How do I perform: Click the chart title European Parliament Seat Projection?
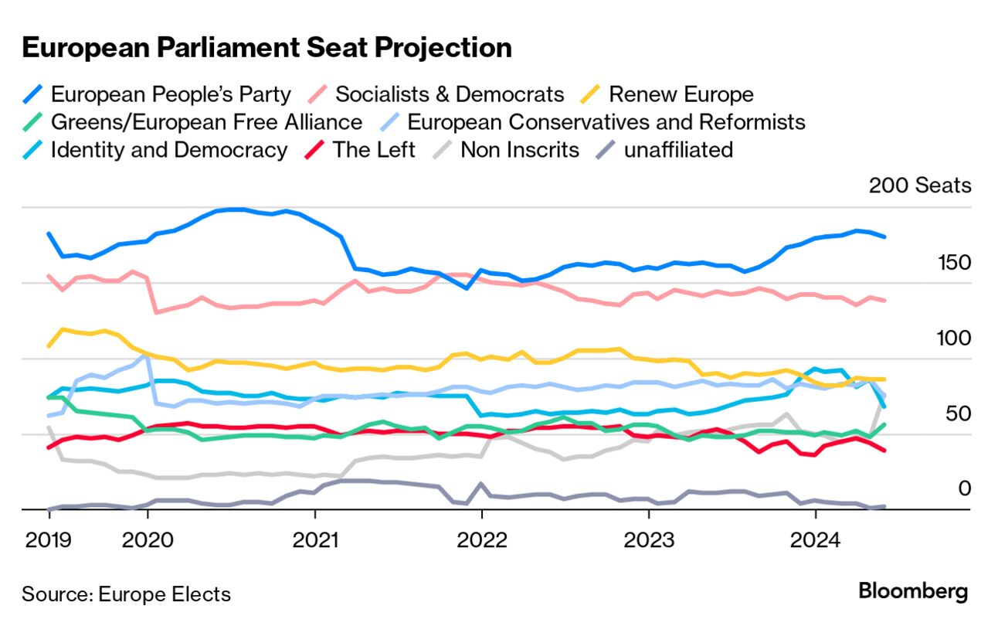[x=266, y=48]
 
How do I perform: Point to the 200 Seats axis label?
[x=919, y=186]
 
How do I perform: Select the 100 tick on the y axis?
[x=952, y=339]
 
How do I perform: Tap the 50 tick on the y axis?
[x=956, y=414]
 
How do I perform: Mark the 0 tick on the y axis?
[x=965, y=488]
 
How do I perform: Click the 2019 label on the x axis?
[x=48, y=539]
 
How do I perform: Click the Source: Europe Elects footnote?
[x=126, y=594]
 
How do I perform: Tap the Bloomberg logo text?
[x=912, y=592]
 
